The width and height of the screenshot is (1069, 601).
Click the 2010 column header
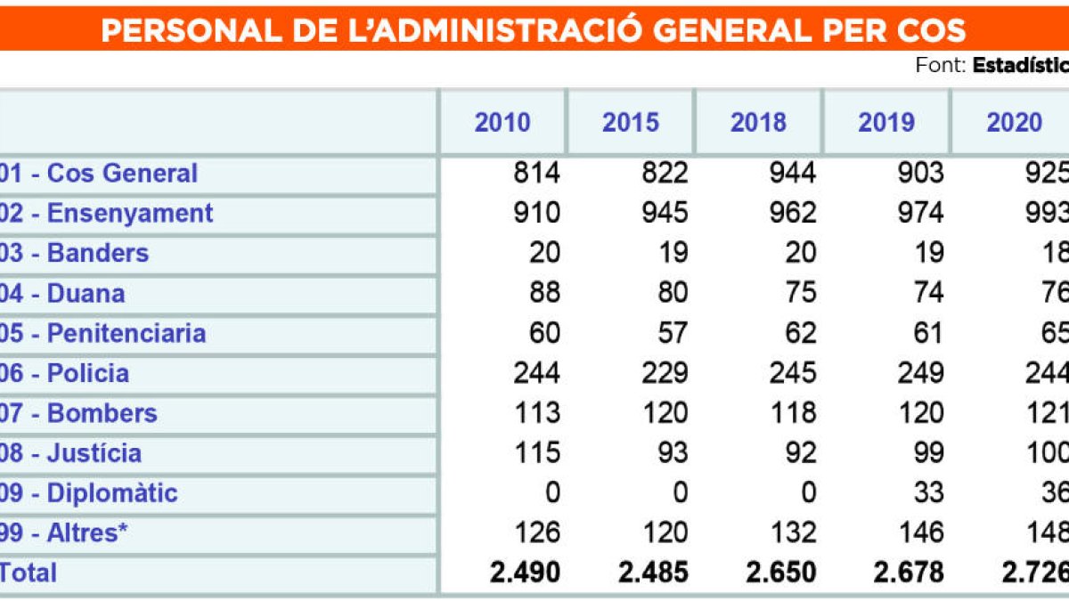click(502, 122)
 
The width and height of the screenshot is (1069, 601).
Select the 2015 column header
click(630, 122)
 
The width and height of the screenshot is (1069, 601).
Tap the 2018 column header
click(758, 122)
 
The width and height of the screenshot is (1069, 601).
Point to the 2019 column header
click(885, 122)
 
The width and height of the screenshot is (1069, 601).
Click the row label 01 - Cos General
click(99, 173)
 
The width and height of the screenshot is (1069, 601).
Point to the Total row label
click(29, 573)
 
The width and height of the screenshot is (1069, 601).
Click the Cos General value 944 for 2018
click(792, 173)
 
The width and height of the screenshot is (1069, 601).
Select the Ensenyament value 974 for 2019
click(919, 213)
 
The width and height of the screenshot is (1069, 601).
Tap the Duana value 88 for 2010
click(543, 293)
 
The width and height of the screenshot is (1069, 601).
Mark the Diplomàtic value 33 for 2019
click(927, 492)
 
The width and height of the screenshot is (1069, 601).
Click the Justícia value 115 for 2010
click(536, 452)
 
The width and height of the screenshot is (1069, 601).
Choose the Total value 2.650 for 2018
click(781, 573)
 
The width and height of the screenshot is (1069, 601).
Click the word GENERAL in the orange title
click(745, 30)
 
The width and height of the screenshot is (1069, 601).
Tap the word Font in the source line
click(940, 66)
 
